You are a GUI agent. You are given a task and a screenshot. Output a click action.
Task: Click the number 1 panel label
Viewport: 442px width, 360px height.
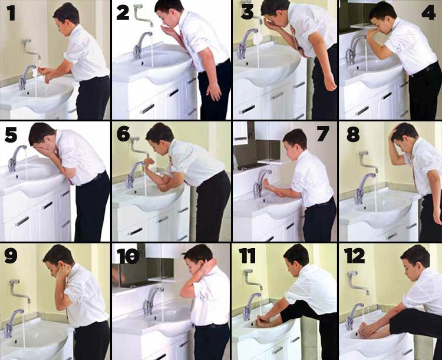pos(11,13)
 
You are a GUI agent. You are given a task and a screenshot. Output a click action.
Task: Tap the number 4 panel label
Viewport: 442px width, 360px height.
pos(428,13)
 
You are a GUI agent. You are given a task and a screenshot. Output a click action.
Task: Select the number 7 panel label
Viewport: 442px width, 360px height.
pos(323,134)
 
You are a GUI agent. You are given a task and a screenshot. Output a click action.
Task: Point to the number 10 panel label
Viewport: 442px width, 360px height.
pos(128,256)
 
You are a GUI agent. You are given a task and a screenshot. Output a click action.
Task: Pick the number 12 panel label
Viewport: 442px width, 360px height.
pos(354,256)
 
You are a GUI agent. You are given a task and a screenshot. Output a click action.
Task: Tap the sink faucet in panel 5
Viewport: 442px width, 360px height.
pos(15,158)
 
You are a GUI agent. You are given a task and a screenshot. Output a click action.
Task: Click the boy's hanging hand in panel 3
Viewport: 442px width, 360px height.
pos(331,82)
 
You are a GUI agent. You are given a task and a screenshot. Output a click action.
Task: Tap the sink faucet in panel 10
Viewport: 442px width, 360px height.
pos(151,300)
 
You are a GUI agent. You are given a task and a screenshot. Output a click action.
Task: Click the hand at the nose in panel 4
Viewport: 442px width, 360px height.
pos(371,34)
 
